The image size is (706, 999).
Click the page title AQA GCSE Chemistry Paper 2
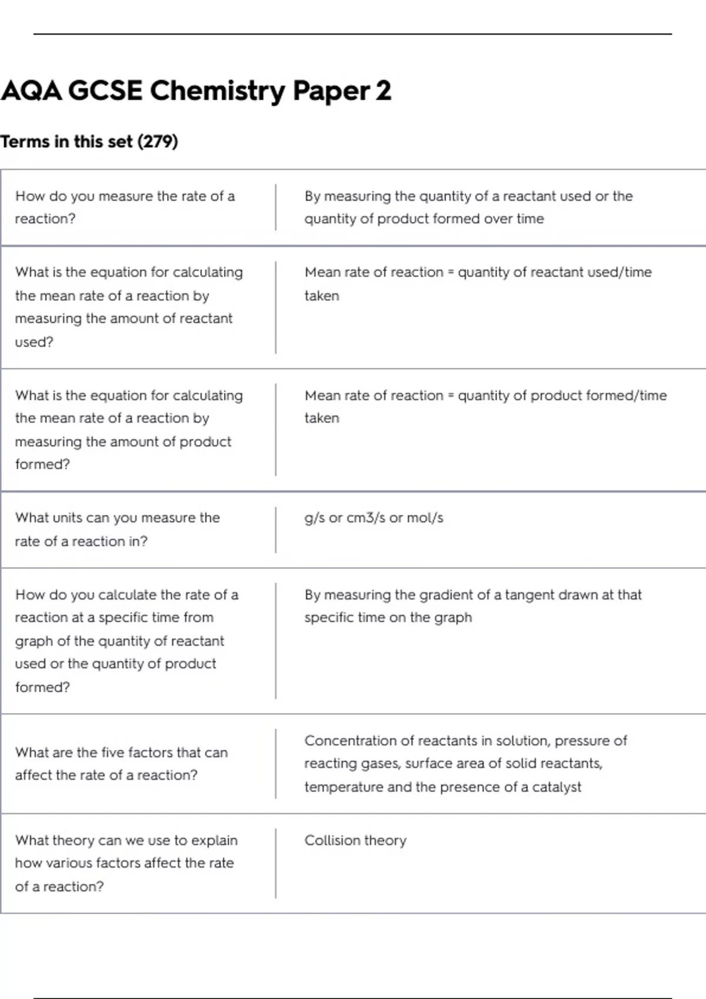tap(196, 91)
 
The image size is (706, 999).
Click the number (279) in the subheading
tap(157, 142)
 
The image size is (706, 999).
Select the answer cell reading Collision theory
tap(355, 840)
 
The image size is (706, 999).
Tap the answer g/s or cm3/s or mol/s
tap(374, 518)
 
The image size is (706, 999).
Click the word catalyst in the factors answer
tap(557, 787)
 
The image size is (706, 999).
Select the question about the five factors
tap(121, 763)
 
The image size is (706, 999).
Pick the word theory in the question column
tap(74, 840)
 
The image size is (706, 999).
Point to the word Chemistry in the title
tap(218, 91)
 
